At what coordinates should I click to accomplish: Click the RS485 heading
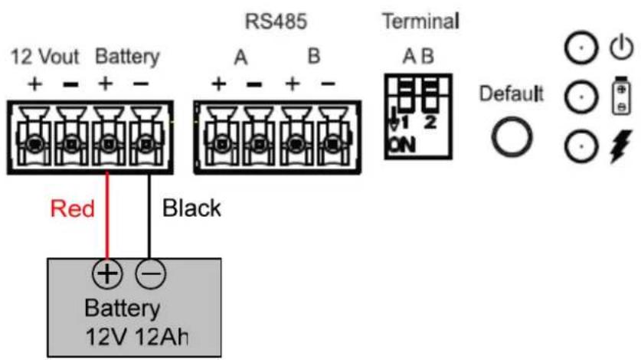276,21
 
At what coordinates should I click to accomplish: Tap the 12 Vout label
44,57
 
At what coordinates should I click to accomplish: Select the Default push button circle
512,137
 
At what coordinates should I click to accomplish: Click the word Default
511,93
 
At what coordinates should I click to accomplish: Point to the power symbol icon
621,47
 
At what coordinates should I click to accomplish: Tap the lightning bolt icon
621,146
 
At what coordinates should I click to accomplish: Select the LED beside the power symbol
581,47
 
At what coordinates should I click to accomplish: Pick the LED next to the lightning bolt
581,146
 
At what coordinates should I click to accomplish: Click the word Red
72,208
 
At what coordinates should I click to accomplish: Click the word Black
191,208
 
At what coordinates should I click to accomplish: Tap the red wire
107,215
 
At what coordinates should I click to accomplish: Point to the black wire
149,217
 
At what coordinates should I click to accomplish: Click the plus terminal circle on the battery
107,273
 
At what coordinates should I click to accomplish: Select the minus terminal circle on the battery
151,273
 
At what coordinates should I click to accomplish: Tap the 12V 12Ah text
137,338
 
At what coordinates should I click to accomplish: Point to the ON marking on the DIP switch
402,146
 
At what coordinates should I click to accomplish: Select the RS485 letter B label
313,57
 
